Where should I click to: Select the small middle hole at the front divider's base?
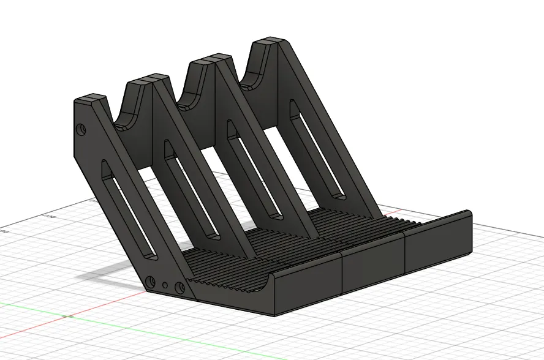click(x=165, y=285)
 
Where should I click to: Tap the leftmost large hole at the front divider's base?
click(x=150, y=282)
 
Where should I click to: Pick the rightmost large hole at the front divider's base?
click(x=179, y=287)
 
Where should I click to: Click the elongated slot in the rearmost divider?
click(x=315, y=149)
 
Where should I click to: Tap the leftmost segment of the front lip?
click(x=306, y=291)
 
